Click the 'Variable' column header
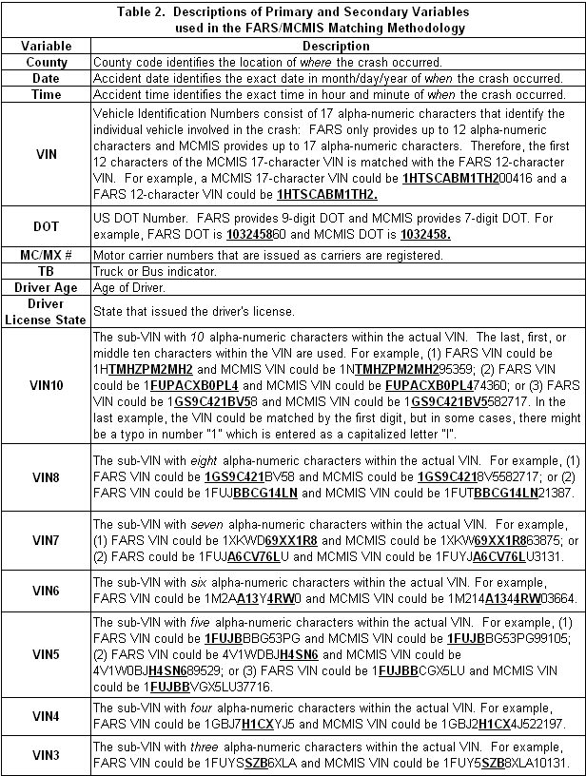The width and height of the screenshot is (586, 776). coord(47,46)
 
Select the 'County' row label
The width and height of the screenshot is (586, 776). coord(47,62)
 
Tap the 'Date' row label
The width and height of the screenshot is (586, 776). coord(47,78)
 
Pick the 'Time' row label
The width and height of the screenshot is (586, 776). coord(47,94)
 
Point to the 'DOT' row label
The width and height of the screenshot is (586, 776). coord(47,227)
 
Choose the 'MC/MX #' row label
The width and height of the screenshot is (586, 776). coord(47,255)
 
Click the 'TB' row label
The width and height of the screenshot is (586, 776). coord(47,271)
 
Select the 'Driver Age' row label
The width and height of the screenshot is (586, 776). coord(47,287)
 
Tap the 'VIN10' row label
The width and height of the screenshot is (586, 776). coord(47,385)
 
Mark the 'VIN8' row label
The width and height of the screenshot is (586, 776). coord(47,474)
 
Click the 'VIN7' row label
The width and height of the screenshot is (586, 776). coord(47,541)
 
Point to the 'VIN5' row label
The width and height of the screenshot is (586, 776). coord(47,653)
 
